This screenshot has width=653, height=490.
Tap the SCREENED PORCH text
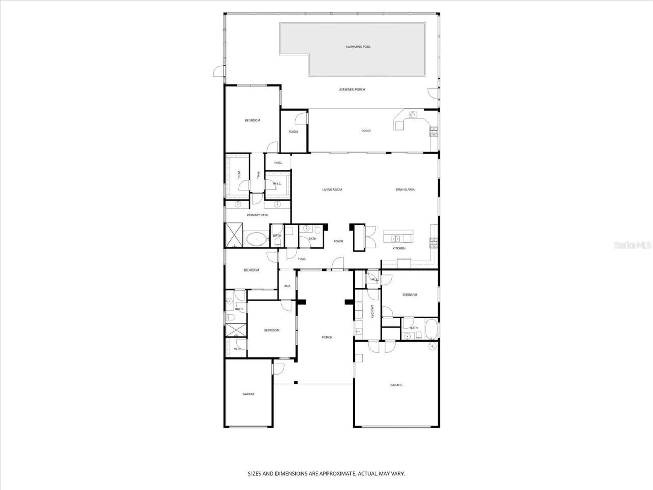(x=352, y=90)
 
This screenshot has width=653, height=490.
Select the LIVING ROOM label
(x=332, y=190)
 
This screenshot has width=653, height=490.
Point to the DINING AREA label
(x=405, y=190)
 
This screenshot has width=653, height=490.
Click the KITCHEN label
(x=399, y=249)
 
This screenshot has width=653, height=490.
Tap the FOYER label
(x=338, y=241)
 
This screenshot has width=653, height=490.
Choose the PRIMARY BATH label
(x=258, y=215)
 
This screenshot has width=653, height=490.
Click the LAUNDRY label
(x=373, y=312)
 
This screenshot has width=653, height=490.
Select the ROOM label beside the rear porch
(x=293, y=132)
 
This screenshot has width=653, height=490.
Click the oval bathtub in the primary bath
(x=256, y=239)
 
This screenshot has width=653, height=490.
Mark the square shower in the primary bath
(x=235, y=235)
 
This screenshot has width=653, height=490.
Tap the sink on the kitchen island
(x=395, y=238)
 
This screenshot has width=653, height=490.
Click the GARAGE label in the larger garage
(x=396, y=385)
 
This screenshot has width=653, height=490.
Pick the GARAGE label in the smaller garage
(x=248, y=394)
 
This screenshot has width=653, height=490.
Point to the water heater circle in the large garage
(x=433, y=347)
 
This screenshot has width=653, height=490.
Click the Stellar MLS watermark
(x=633, y=246)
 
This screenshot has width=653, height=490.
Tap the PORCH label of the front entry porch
(x=327, y=337)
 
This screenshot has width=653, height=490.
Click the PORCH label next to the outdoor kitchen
(x=366, y=131)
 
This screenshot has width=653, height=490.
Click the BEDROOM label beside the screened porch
(x=253, y=121)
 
